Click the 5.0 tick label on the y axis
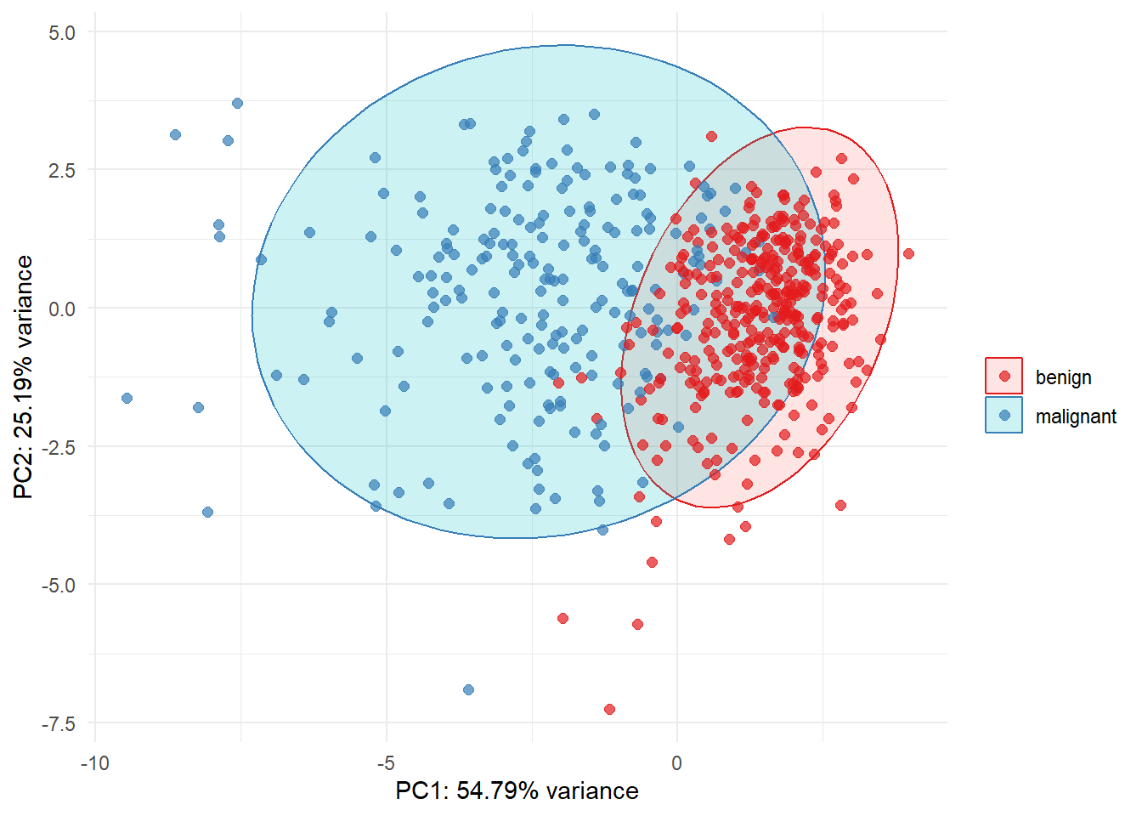62,33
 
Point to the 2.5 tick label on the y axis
62,171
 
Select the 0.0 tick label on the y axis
62,309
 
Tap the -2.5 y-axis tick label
59,447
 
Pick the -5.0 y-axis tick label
59,586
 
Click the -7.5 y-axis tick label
59,724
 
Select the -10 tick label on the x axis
95,763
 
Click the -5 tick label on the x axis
386,763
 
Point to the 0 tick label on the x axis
676,763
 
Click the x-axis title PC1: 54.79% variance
517,791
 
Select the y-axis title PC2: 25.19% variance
24,377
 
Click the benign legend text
1063,377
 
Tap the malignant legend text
1076,416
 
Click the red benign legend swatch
1004,376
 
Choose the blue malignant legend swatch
1004,416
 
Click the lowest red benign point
609,709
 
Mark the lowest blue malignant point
468,689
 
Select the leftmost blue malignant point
127,398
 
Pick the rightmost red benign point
908,253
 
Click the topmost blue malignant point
237,103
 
